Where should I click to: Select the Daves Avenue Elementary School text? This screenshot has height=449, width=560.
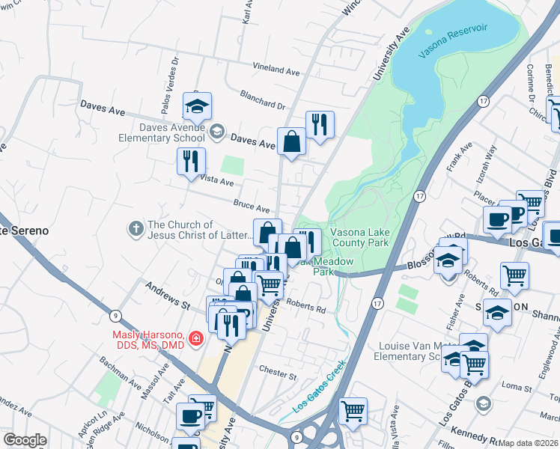pyautogui.click(x=160, y=132)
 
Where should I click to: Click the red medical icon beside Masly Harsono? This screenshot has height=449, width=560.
pyautogui.click(x=196, y=339)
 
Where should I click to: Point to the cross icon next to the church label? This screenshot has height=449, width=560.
pyautogui.click(x=136, y=227)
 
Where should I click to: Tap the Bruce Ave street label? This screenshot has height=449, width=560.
pyautogui.click(x=251, y=205)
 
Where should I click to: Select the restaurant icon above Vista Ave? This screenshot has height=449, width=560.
pyautogui.click(x=190, y=161)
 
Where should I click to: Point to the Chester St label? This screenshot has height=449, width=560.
pyautogui.click(x=278, y=370)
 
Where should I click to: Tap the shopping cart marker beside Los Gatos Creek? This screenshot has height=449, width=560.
pyautogui.click(x=353, y=410)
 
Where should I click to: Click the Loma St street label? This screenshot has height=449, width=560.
pyautogui.click(x=515, y=386)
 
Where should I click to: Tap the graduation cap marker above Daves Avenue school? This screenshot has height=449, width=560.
pyautogui.click(x=197, y=106)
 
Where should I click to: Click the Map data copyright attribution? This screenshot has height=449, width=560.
pyautogui.click(x=528, y=443)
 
